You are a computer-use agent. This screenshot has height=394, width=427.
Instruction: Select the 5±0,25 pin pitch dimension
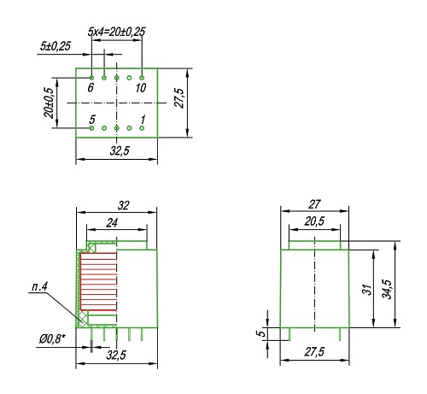(55, 45)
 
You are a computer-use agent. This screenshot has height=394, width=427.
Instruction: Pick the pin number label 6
(91, 87)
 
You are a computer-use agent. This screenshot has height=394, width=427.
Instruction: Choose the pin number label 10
(141, 87)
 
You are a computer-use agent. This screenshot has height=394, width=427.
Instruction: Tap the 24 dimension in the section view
(112, 221)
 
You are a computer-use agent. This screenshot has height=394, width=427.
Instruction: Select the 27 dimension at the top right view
(314, 205)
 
